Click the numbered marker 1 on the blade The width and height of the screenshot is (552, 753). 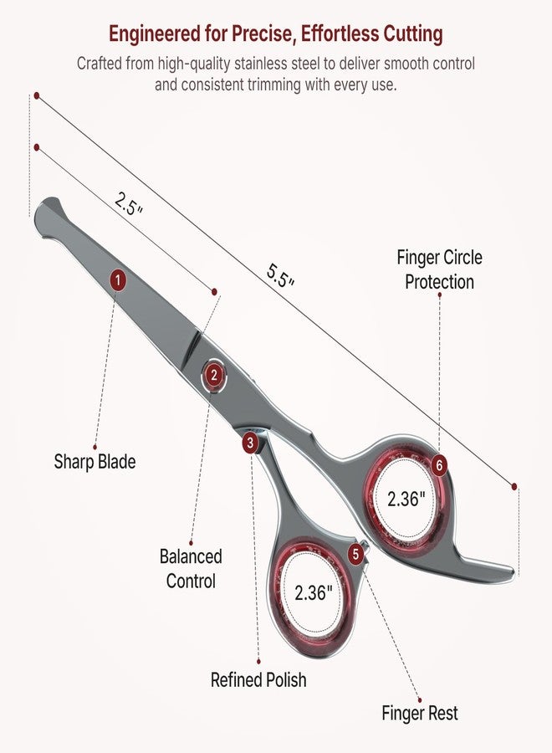point(118,280)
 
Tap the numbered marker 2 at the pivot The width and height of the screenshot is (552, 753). point(214,375)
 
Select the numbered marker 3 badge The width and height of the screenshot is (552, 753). point(249,443)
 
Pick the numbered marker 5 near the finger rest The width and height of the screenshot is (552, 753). point(355,554)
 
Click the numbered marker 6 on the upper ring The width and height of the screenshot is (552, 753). point(439,465)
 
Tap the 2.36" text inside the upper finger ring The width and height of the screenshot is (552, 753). point(406,499)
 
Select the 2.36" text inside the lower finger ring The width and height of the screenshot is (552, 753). point(314,592)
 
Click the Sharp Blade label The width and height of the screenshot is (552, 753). point(95,462)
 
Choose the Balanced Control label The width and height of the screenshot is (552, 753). point(191,569)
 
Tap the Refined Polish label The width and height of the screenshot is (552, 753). point(258,679)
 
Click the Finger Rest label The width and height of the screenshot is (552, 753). point(420,713)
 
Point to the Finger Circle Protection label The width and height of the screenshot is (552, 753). point(439,269)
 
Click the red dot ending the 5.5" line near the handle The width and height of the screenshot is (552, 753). point(514,486)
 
